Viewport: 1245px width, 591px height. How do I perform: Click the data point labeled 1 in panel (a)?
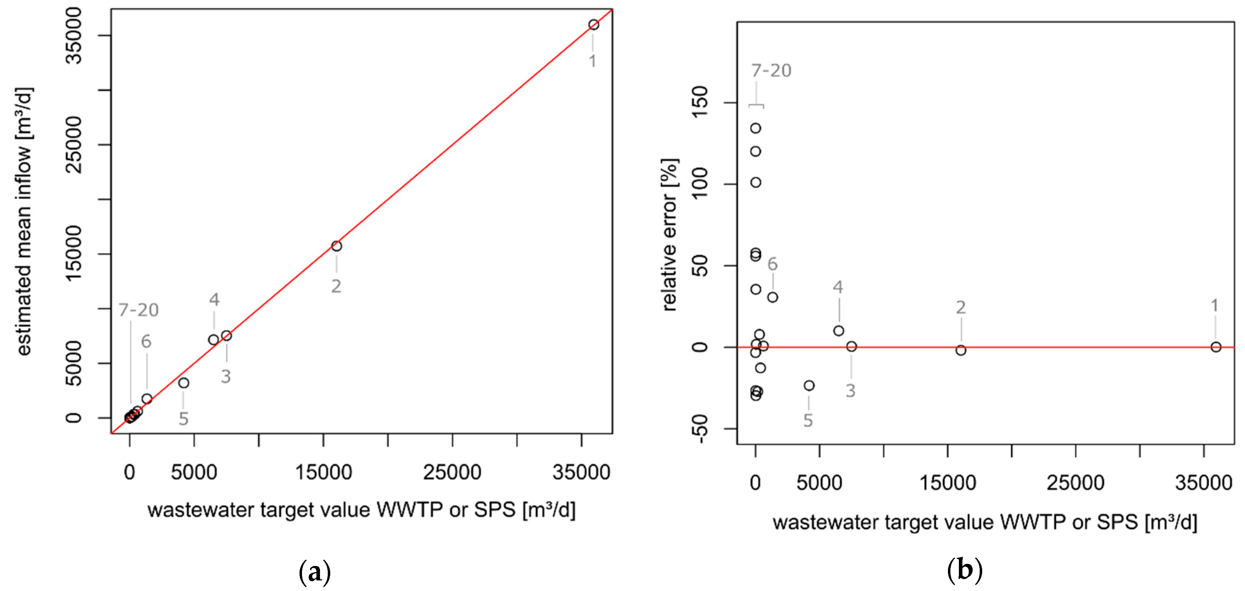point(593,25)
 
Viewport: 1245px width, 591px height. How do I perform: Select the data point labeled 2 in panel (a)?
point(336,246)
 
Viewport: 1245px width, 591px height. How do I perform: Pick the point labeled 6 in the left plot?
point(147,399)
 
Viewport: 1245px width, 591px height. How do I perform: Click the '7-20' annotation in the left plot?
point(139,310)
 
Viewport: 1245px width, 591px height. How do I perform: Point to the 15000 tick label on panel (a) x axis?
point(323,472)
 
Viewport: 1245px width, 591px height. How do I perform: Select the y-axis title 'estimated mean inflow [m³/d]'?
point(24,221)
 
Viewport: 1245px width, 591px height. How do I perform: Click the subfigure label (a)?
point(315,572)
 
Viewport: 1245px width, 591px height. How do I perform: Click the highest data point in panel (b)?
point(755,128)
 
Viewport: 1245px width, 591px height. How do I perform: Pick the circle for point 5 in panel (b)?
point(809,385)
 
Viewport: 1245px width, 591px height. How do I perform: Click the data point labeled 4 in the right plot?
point(839,331)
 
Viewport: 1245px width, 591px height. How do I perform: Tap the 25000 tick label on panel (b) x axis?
point(1075,483)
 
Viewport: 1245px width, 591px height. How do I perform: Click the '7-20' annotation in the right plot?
point(771,71)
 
